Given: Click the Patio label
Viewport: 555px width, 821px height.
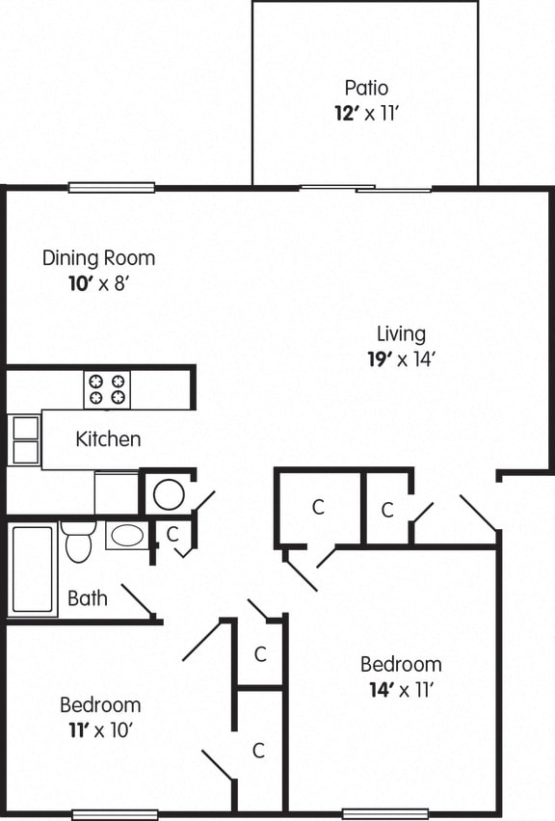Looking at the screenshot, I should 365,89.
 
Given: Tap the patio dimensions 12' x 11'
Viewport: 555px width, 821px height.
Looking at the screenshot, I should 365,113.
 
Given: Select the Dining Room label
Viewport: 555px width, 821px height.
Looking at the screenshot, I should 98,258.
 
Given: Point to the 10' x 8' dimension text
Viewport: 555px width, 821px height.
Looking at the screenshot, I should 98,284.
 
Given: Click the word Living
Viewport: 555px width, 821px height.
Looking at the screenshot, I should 401,334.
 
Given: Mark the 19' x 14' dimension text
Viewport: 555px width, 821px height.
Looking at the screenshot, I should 401,359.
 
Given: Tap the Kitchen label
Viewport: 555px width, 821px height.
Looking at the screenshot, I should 108,439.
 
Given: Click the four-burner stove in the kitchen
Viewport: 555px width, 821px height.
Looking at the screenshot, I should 107,389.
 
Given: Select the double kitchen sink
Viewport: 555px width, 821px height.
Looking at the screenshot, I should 24,438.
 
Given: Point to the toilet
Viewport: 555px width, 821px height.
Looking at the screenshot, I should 78,543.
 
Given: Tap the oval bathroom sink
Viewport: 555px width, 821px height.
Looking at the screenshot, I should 126,535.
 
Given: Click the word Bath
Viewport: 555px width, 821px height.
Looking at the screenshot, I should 87,598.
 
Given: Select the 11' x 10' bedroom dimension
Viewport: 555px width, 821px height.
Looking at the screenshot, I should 99,729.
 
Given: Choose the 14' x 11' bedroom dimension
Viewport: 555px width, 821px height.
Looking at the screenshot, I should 401,689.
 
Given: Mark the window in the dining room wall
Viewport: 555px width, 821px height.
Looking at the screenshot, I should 111,187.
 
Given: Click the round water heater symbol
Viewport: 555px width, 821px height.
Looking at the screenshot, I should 169,494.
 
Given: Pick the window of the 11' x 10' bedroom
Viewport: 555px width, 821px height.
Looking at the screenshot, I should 115,814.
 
